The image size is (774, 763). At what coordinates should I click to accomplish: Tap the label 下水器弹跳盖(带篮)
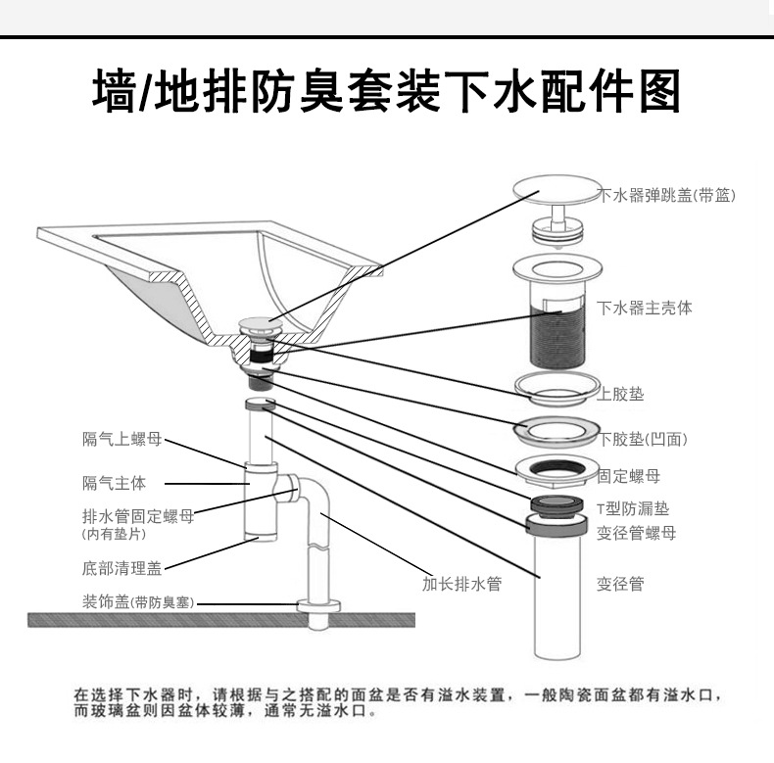point(667,195)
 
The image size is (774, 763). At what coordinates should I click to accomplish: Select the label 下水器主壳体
point(645,308)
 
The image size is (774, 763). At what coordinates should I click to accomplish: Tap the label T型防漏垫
point(633,509)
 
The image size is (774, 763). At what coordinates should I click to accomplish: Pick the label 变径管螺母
point(636,534)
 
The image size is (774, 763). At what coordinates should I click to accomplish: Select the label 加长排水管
point(461,584)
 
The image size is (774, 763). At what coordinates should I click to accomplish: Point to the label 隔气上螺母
point(121,439)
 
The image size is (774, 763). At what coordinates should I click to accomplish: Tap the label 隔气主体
point(114,483)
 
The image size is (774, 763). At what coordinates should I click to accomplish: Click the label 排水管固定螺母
point(137,517)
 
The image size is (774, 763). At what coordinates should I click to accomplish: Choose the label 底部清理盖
point(121,567)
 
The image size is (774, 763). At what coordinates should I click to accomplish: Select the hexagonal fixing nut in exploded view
point(555,473)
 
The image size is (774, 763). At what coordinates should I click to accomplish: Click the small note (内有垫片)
point(114,535)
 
